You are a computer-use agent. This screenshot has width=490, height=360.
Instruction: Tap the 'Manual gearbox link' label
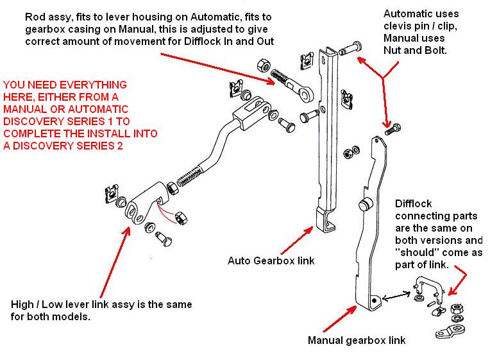coord(357,339)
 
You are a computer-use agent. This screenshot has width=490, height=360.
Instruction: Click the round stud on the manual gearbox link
coord(366,205)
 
